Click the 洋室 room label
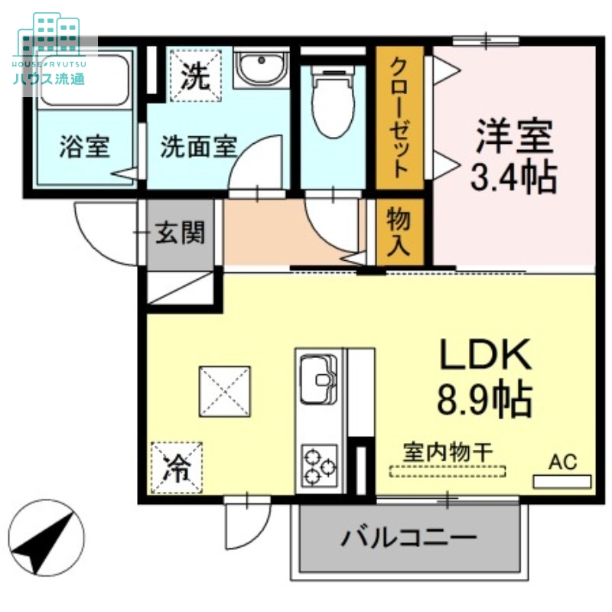(x=513, y=138)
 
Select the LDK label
(x=484, y=356)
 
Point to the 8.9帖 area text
(x=484, y=398)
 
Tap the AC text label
(x=562, y=461)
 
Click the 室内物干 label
(x=448, y=452)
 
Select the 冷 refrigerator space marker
(x=177, y=466)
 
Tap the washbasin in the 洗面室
(x=259, y=70)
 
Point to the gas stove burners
(x=320, y=464)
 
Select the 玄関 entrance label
(x=181, y=233)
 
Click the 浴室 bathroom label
(x=84, y=147)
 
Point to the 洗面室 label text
(x=198, y=147)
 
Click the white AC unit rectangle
(x=562, y=482)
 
